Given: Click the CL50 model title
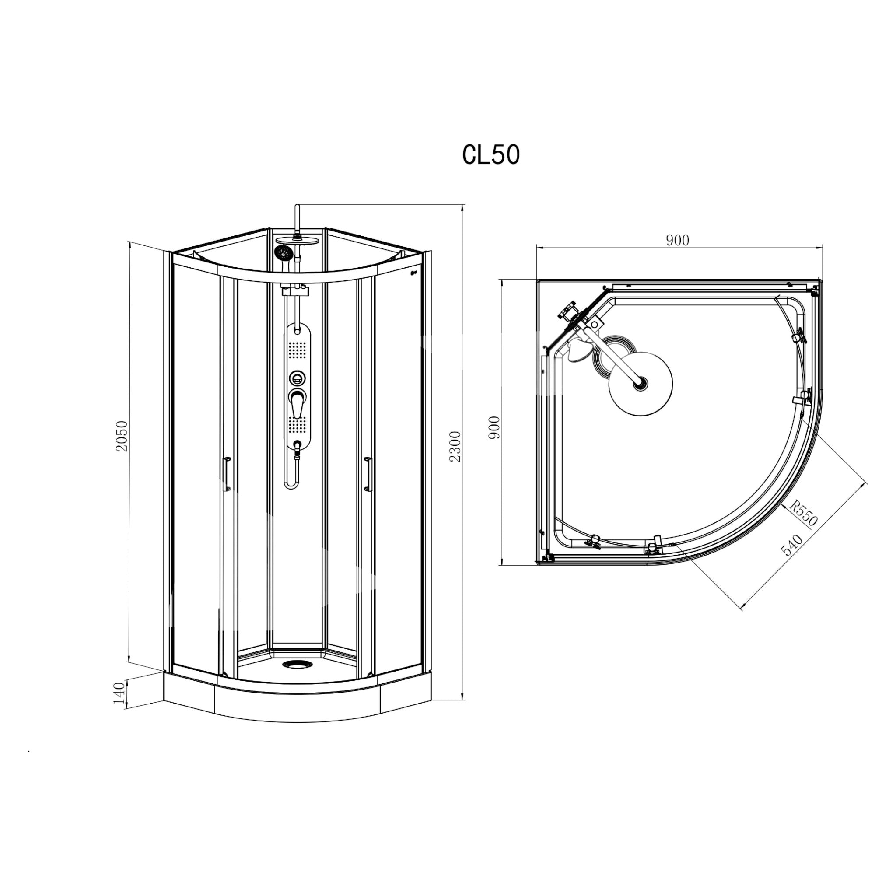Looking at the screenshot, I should [x=491, y=155].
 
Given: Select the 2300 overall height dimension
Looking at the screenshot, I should [x=455, y=446].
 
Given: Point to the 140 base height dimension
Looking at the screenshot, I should [x=119, y=693].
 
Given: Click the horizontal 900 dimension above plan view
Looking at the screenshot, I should [x=678, y=240].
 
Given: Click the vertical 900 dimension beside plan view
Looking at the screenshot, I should [x=495, y=427].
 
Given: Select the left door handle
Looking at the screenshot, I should [x=227, y=473].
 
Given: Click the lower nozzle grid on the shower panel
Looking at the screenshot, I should [x=297, y=425].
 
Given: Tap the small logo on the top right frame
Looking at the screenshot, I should [x=414, y=273].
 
